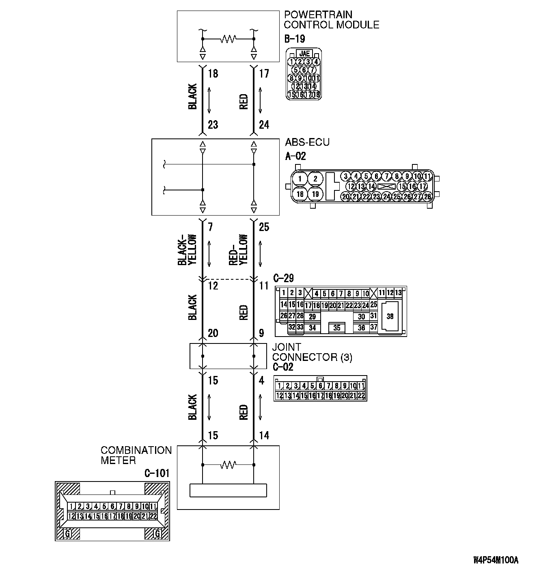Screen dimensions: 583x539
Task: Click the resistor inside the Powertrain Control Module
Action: [x=228, y=39]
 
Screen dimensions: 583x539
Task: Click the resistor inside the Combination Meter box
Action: [x=228, y=464]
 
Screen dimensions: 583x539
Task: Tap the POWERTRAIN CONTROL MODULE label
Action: [x=331, y=20]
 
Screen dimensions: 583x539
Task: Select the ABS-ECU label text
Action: [x=307, y=142]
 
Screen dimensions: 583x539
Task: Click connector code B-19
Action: [x=294, y=39]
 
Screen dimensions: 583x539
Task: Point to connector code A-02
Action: [x=295, y=156]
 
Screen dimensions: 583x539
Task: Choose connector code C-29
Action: [x=283, y=279]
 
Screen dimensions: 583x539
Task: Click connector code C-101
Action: [x=157, y=473]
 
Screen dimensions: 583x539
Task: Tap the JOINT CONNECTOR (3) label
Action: [x=312, y=352]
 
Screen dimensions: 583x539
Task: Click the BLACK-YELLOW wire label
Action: [x=187, y=250]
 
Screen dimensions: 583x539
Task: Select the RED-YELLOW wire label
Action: [x=238, y=250]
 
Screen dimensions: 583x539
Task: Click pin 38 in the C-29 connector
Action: [x=390, y=317]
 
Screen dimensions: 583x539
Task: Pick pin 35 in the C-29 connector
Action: [x=337, y=327]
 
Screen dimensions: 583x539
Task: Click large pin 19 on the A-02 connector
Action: [x=315, y=194]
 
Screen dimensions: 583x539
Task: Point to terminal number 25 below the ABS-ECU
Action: [x=264, y=227]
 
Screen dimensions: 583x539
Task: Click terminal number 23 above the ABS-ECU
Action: [x=213, y=125]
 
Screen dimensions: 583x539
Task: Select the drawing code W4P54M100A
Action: [x=496, y=560]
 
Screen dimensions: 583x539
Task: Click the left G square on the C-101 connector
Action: [x=68, y=534]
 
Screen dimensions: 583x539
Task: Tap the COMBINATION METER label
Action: [x=136, y=456]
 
